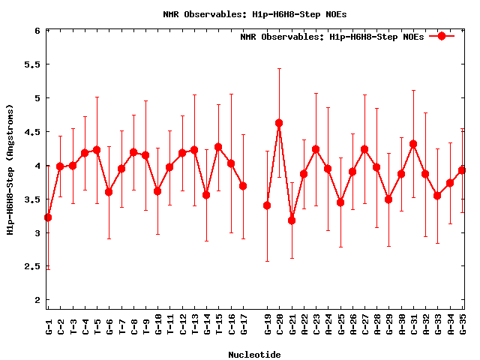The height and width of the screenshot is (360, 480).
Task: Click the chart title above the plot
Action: coord(255,14)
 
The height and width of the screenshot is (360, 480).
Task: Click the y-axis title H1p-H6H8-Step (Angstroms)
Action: coord(11,170)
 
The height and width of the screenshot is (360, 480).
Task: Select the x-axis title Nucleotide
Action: coord(254,355)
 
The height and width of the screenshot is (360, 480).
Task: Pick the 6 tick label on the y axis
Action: coord(36,31)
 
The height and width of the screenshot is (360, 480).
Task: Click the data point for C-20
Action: coord(279,123)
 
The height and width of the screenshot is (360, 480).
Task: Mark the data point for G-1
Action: coord(48,217)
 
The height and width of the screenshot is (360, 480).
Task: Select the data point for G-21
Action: coord(292,220)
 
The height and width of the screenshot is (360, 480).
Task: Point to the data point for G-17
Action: coord(243,186)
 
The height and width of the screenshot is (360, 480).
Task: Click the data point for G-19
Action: coord(267,205)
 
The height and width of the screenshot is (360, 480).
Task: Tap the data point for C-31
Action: coord(413,144)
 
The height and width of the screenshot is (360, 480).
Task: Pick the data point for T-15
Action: coord(218,147)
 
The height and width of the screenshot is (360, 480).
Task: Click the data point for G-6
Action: coord(109,192)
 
